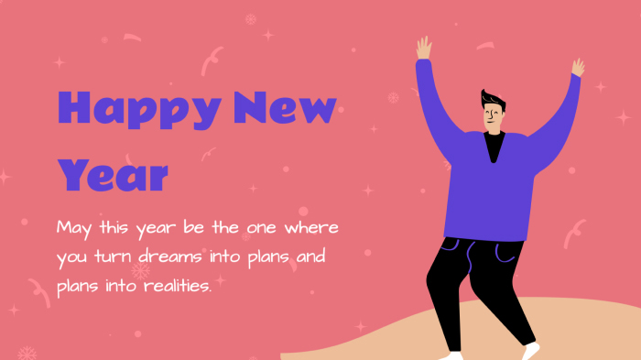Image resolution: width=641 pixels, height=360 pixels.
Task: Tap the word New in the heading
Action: click(x=285, y=109)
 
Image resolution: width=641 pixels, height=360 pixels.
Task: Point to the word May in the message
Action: click(x=75, y=227)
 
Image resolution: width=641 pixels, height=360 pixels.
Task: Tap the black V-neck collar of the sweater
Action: click(x=494, y=145)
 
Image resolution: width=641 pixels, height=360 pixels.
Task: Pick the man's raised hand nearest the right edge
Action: click(x=578, y=67)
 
